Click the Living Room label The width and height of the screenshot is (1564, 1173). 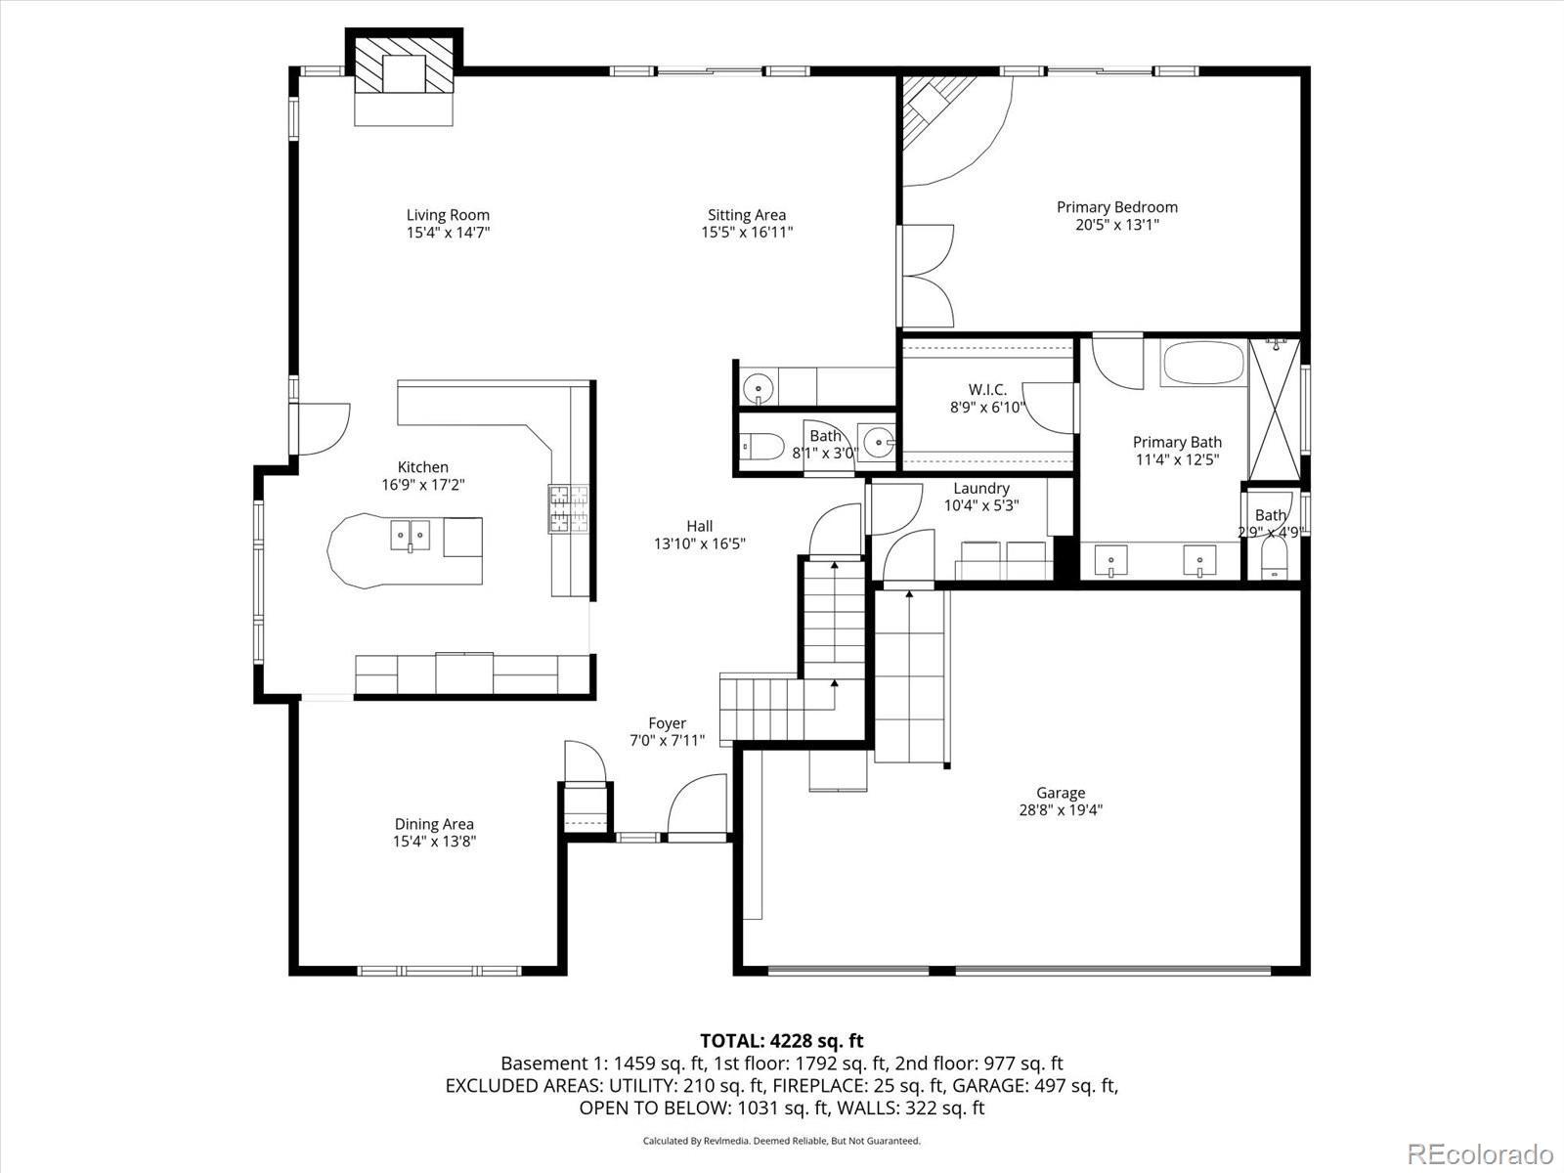coord(448,215)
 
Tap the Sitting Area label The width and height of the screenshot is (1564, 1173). coord(747,215)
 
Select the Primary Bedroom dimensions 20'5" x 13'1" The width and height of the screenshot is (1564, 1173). coord(1117,225)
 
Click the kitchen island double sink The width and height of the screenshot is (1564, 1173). coord(410,536)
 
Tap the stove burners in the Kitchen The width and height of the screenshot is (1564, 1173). coord(568,508)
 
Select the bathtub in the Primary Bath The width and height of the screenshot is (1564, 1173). coord(1203,364)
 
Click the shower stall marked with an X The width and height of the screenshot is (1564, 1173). coord(1276,409)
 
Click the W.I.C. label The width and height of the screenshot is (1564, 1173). coord(987,390)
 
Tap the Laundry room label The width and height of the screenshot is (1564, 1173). coord(981,489)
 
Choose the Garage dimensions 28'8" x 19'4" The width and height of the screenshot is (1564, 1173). coord(1061,809)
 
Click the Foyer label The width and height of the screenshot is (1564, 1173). coord(667,723)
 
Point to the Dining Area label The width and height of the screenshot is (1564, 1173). coord(434,824)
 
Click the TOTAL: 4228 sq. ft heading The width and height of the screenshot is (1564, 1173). coord(782,1041)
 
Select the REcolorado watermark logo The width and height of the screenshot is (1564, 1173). coord(1481,1152)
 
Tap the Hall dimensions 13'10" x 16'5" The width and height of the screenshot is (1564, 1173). coord(700,544)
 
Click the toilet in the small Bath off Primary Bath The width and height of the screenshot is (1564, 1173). coord(1274,560)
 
